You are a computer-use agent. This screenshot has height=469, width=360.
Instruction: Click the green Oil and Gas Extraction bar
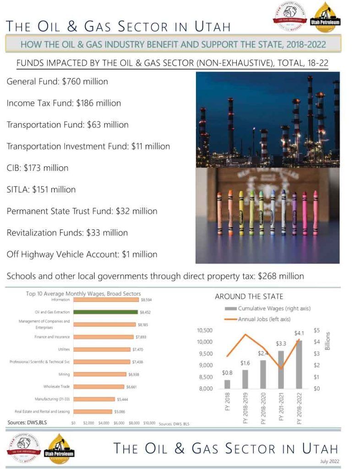105,312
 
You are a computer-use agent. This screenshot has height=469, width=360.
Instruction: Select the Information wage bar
105,300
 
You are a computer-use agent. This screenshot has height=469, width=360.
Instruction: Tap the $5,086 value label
118,411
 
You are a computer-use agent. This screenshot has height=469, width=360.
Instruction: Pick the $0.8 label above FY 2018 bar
227,373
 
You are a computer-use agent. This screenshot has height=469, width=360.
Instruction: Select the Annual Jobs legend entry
264,319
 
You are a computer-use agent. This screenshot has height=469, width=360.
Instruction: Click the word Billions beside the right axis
327,341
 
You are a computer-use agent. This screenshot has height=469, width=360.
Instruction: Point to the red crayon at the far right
315,213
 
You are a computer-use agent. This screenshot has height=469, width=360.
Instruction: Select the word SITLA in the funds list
18,190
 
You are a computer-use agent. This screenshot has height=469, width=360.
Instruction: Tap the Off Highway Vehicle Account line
82,254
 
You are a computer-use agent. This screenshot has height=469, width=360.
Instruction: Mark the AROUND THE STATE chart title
249,296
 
